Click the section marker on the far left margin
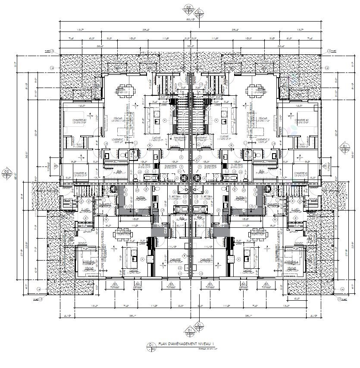pos(6,173)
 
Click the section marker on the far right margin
pos(344,148)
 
